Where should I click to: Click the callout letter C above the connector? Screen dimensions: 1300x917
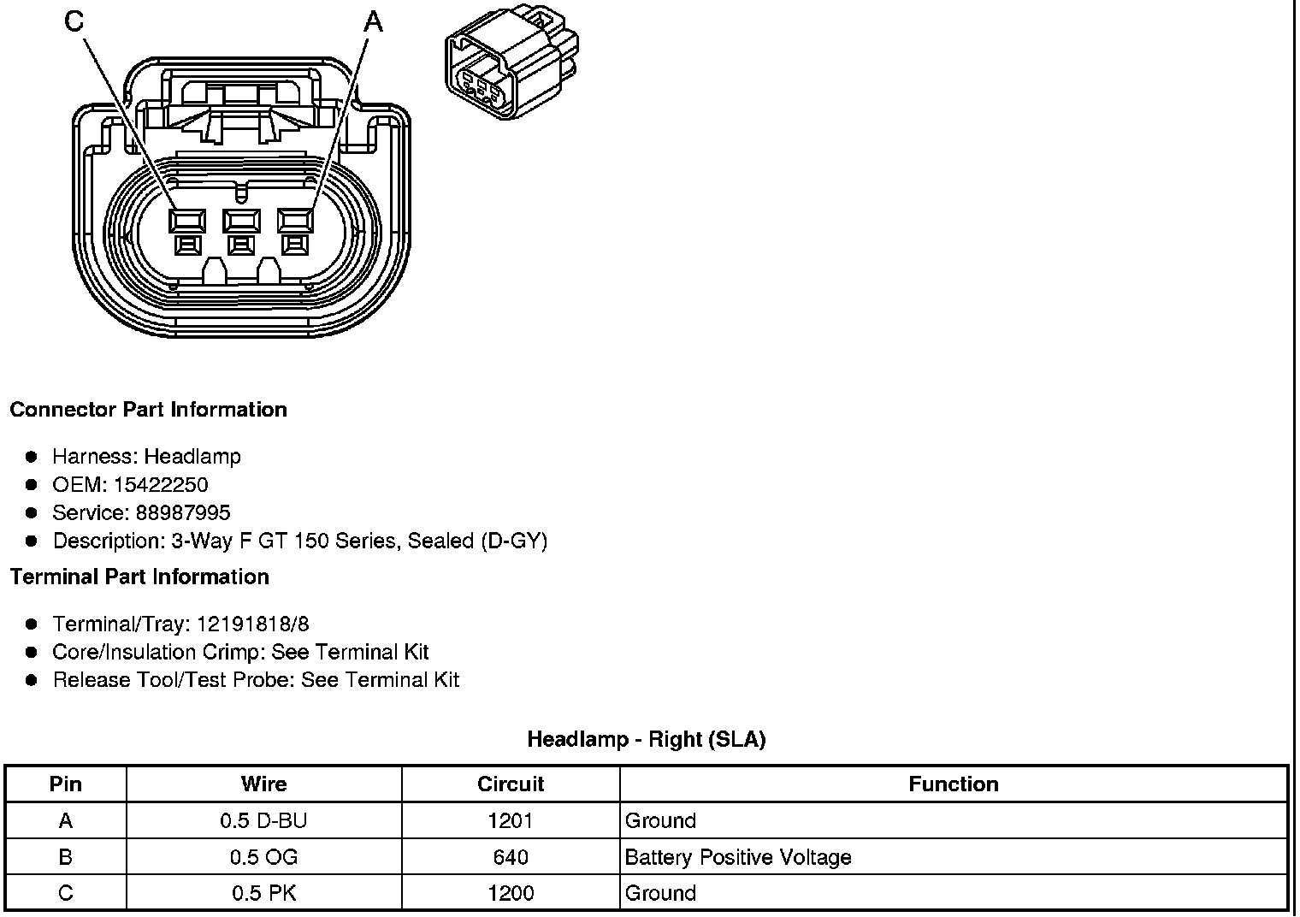[x=74, y=21]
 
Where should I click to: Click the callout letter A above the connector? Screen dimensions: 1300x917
[x=373, y=22]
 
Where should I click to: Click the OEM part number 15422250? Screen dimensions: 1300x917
[x=161, y=485]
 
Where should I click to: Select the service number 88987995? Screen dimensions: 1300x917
[x=183, y=512]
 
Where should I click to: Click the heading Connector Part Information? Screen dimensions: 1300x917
[x=149, y=410]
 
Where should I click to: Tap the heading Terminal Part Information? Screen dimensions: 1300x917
[x=140, y=577]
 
